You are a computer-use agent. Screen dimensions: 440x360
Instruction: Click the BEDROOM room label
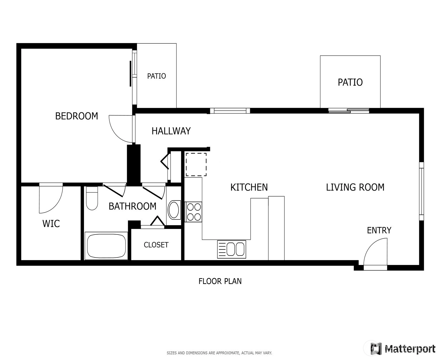point(76,116)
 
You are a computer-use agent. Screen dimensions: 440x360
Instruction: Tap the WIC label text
point(51,224)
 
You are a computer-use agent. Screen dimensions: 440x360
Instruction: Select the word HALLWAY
point(171,131)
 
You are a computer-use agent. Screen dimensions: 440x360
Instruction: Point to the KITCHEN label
point(249,187)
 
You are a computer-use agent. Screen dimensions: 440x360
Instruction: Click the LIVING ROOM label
point(355,187)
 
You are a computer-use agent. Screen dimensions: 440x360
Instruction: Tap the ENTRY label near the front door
point(379,230)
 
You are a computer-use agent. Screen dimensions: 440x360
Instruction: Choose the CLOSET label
point(156,245)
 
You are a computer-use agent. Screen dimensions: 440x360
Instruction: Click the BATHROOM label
point(133,206)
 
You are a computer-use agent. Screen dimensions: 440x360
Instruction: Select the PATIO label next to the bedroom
point(156,76)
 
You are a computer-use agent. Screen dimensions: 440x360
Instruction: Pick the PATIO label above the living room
point(350,82)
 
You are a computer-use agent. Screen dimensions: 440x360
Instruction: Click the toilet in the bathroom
point(92,198)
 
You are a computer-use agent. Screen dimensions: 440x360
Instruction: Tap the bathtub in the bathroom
point(106,246)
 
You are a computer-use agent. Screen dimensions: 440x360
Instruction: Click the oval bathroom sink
point(174,210)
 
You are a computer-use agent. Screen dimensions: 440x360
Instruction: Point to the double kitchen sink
point(232,249)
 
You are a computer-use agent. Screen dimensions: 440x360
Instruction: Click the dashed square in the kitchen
point(196,164)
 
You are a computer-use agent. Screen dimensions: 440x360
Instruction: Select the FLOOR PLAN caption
point(220,281)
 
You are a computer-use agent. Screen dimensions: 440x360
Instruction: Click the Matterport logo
point(403,349)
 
